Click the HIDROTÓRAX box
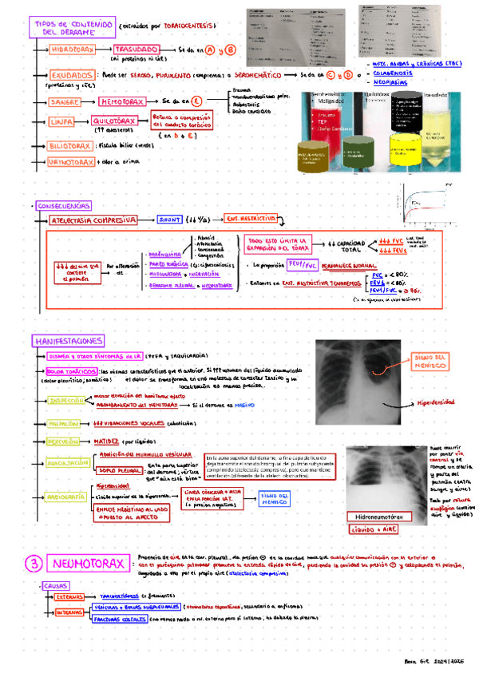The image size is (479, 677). point(73,49)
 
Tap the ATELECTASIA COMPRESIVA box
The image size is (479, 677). point(94,218)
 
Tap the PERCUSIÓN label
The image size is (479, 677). point(66,440)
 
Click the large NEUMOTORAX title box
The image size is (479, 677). point(88,564)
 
